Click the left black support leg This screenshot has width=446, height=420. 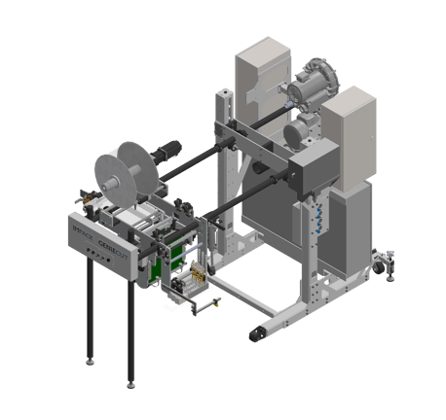pos(90,311)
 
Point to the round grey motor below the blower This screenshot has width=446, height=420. pos(296,130)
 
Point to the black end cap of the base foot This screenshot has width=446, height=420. pos(257,332)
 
